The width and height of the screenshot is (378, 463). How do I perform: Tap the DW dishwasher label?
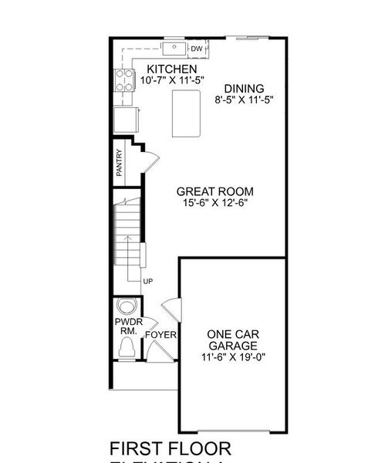197,49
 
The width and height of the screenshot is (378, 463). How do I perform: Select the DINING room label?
244,88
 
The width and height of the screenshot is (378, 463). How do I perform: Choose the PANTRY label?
120,164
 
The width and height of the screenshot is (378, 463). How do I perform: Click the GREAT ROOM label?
215,191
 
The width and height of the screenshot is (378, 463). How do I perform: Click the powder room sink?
126,303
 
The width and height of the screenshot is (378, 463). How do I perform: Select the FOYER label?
161,335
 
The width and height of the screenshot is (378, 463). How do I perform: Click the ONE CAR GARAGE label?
233,340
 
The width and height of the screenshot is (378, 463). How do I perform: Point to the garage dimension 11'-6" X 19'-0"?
233,357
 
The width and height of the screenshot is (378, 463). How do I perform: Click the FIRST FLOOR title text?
170,448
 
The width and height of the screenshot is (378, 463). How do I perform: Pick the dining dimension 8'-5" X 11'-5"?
244,99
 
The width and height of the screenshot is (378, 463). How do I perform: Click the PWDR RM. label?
126,325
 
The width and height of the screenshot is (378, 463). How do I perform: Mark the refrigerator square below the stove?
126,120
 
